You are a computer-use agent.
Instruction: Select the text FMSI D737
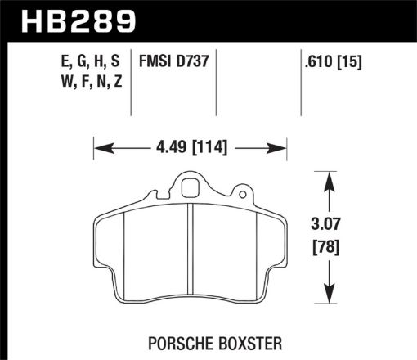click(x=173, y=61)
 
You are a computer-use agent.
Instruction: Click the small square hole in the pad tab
click(x=189, y=188)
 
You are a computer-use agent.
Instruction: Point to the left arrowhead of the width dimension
click(x=100, y=149)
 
